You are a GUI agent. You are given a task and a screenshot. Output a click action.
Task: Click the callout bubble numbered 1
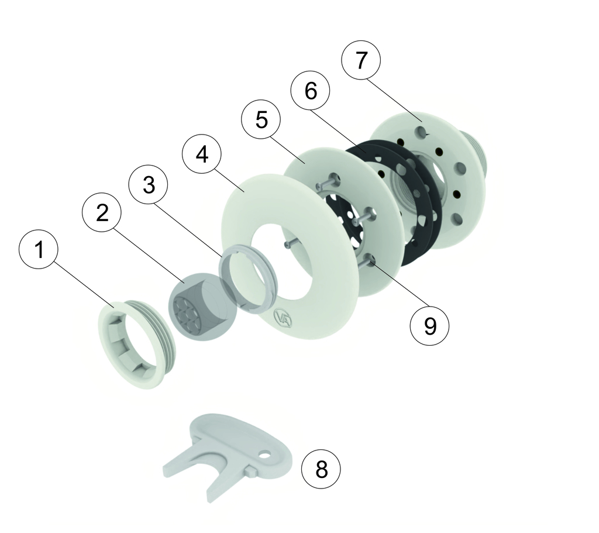39,249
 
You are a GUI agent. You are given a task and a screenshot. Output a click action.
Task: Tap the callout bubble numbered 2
102,212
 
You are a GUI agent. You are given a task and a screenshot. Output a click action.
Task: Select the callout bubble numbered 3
149,185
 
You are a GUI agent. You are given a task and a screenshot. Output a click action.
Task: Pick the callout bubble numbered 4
202,154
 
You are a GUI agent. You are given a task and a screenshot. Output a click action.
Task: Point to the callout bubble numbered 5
261,120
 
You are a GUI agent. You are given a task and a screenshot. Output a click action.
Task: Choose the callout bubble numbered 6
310,91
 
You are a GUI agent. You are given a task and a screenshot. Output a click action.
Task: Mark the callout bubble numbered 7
361,60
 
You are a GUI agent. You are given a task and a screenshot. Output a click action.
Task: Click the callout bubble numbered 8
321,469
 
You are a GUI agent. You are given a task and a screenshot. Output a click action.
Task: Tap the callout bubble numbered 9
430,326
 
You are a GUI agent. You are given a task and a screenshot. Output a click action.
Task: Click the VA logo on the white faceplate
283,318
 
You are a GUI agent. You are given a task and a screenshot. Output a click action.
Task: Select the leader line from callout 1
84,284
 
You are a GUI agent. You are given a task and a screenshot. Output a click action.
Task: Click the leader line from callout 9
397,284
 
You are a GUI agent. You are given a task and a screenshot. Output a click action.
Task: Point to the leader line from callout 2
149,254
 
